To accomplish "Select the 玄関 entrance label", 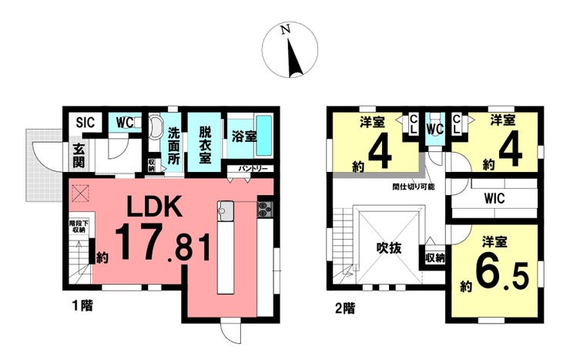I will (79, 156).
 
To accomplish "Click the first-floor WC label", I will (126, 123).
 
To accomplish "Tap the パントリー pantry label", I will (252, 168).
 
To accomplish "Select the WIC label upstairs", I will (494, 197).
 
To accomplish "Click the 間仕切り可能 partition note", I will (413, 186).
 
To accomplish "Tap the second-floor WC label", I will (435, 127).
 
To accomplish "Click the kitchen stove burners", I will (265, 209).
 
